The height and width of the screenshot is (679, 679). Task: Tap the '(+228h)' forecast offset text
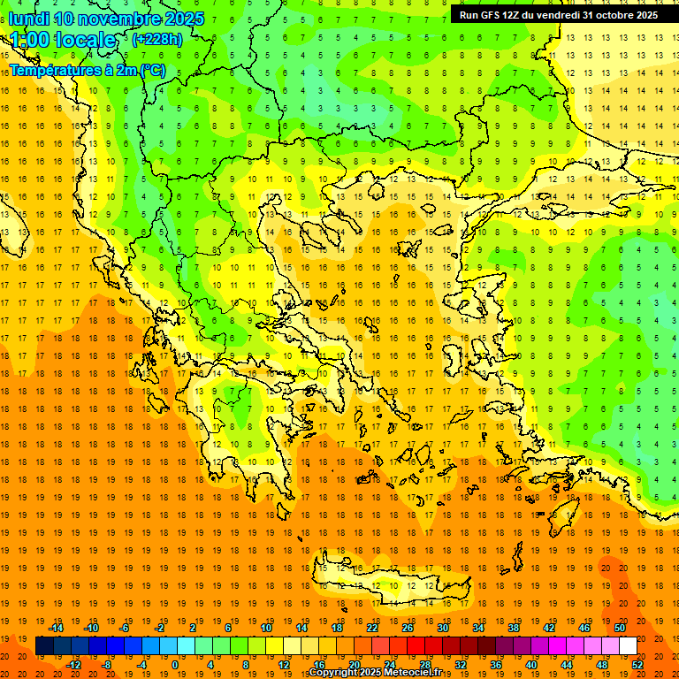pos(157,39)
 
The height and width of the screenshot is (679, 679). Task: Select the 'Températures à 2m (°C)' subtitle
pos(87,70)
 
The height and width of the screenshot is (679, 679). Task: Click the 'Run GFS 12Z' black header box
pos(558,15)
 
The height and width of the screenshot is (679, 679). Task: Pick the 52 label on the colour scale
pos(637,664)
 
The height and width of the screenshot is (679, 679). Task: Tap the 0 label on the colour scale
pos(176,664)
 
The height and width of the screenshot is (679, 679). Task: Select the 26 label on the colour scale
pos(408,628)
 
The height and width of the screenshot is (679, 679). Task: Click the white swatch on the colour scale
pos(628,645)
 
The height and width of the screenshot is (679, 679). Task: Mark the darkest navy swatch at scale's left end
pos(44,645)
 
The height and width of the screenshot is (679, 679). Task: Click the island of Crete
pos(389,580)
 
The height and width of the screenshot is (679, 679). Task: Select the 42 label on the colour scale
pos(549,628)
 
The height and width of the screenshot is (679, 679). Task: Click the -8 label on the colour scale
pos(107,664)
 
